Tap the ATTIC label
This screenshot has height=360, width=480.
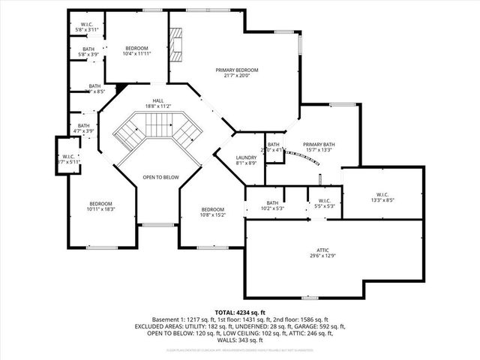(x=322, y=250)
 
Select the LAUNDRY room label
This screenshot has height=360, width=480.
(x=246, y=157)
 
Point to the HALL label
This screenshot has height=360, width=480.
(x=157, y=100)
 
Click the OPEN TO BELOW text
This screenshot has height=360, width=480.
(x=161, y=177)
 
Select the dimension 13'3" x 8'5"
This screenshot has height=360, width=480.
(x=383, y=201)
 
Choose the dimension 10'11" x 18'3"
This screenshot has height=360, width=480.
(x=101, y=210)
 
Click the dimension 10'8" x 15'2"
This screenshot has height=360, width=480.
(x=212, y=215)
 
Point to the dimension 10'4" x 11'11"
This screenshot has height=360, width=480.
(x=137, y=54)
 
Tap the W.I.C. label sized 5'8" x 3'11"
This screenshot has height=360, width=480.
(x=86, y=25)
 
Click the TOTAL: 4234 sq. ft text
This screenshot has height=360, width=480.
(x=240, y=312)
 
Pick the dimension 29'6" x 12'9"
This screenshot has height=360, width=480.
(x=322, y=256)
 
